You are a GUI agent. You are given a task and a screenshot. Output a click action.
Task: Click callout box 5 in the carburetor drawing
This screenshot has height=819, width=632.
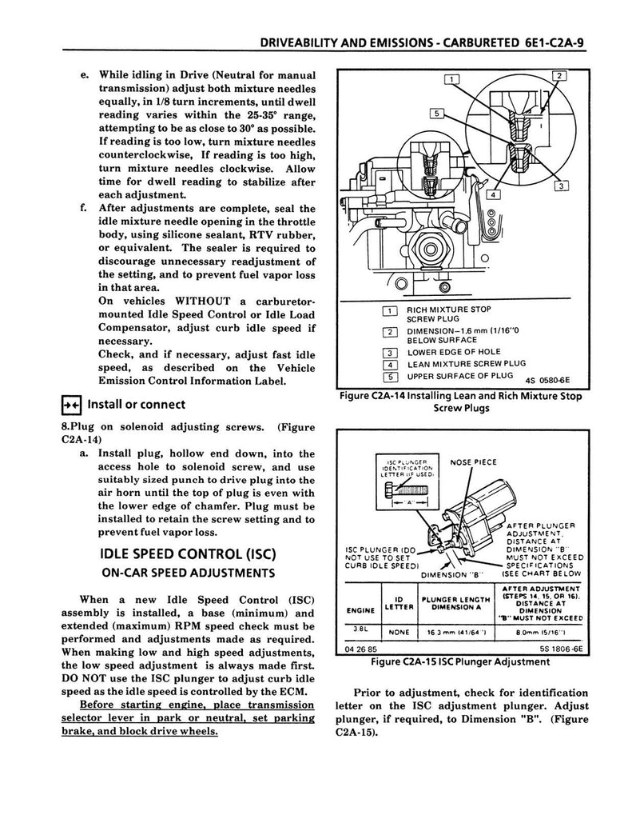(x=438, y=113)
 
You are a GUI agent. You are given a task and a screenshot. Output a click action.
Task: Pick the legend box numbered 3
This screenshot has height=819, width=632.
(x=391, y=351)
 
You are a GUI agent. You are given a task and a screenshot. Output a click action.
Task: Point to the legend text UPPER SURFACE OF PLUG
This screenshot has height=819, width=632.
(x=459, y=376)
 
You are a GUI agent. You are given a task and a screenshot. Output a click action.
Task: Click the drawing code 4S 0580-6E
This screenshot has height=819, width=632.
(x=551, y=379)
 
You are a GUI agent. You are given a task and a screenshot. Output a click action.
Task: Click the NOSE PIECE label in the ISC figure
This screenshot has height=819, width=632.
(x=474, y=461)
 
